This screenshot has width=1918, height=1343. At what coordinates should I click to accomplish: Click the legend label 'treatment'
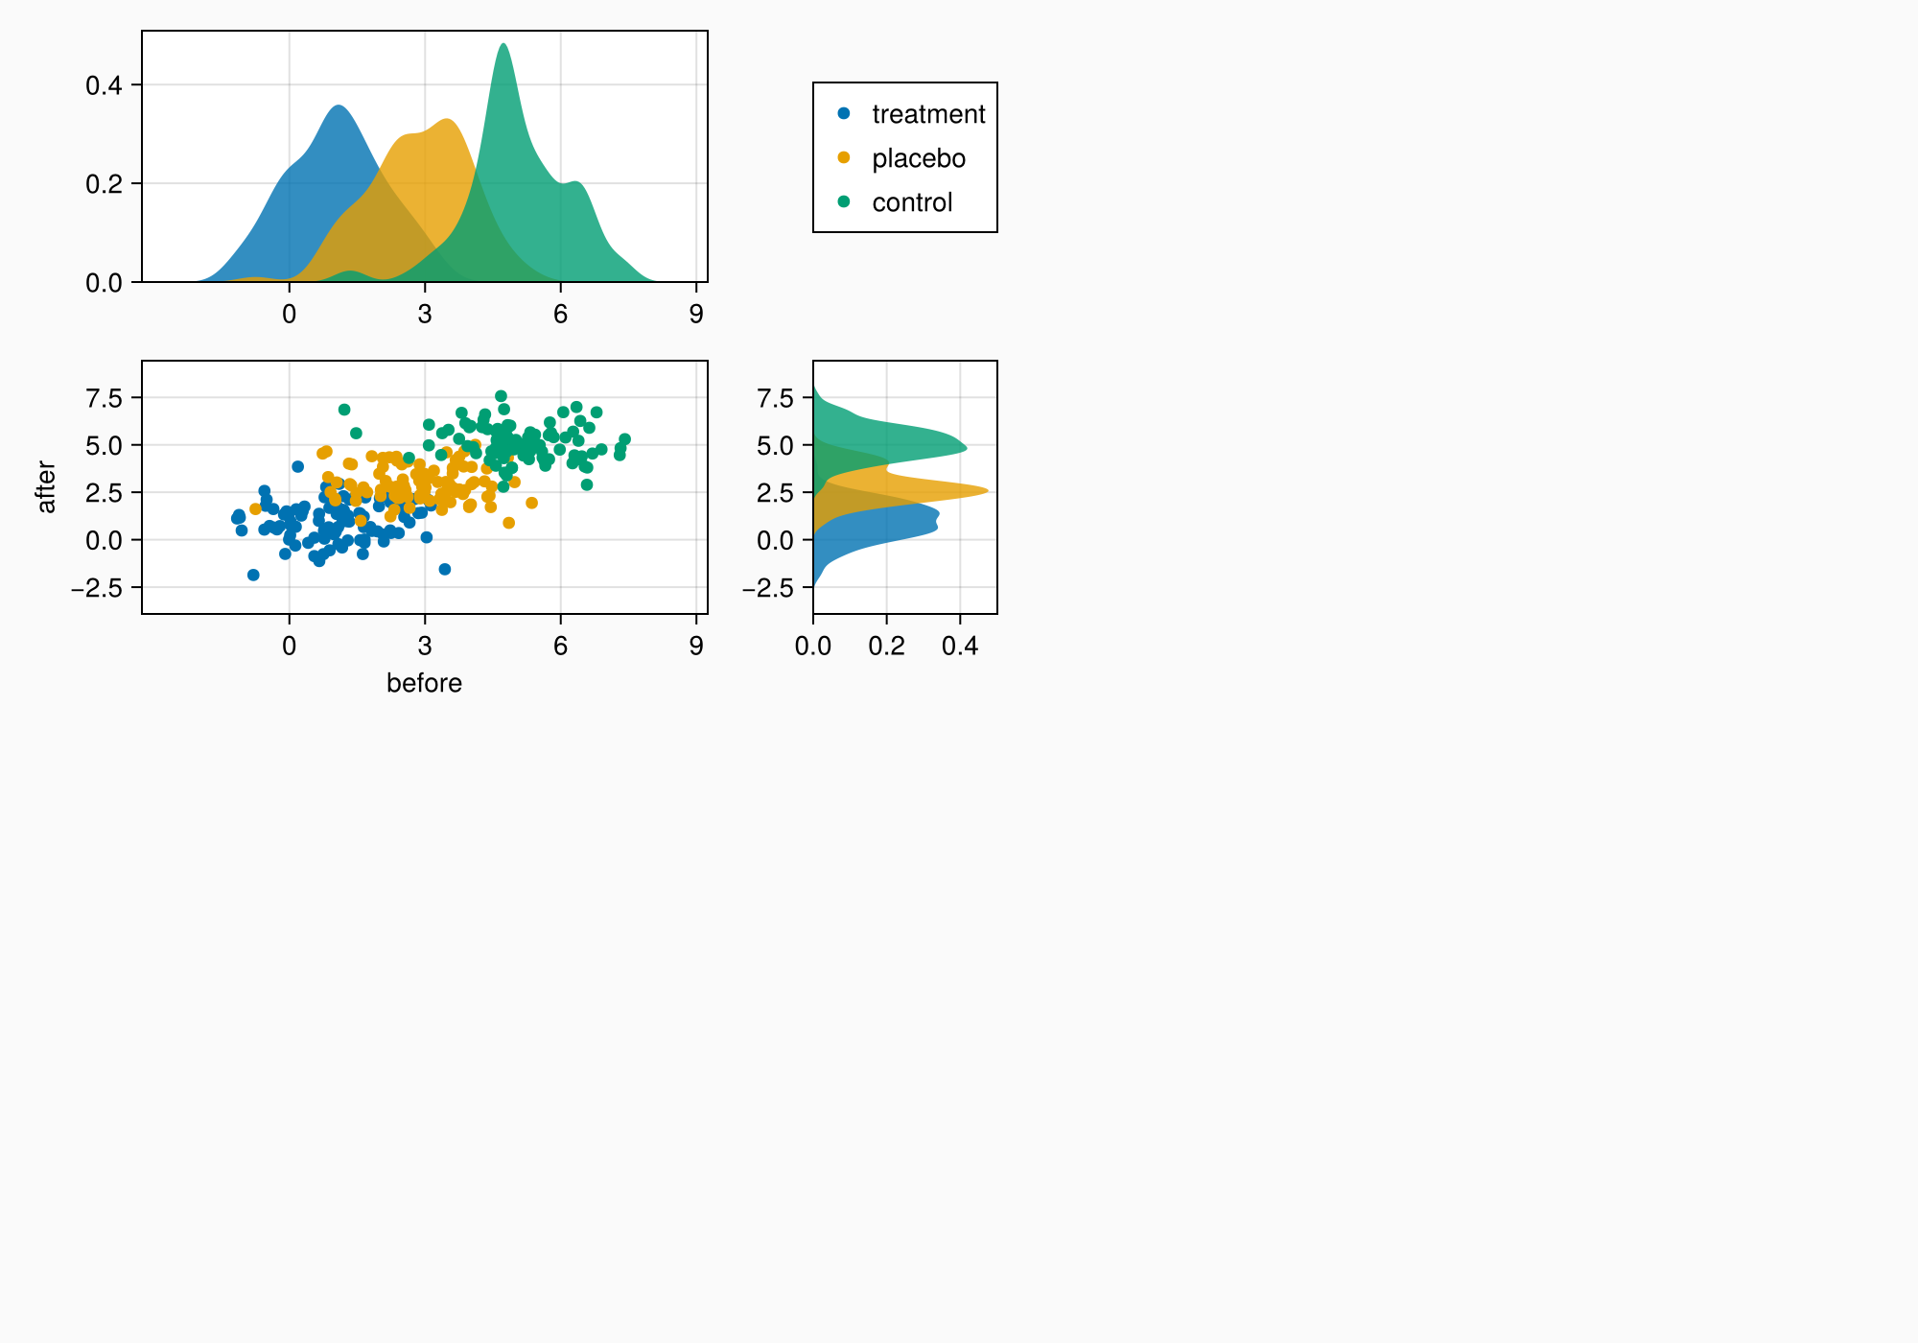click(928, 114)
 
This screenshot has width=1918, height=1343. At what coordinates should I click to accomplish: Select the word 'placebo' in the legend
click(918, 158)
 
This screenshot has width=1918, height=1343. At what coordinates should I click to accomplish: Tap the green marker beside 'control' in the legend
click(844, 201)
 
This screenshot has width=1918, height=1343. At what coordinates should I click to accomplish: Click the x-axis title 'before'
click(424, 683)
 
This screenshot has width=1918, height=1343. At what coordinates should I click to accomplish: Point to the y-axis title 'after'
click(46, 487)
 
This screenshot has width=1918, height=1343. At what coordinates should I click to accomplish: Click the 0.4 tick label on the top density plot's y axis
click(104, 85)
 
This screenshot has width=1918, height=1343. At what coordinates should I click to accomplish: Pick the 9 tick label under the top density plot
click(696, 315)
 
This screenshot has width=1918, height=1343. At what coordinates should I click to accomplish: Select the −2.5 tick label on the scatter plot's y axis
click(97, 587)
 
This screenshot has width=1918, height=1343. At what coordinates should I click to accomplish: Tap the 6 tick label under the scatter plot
click(560, 647)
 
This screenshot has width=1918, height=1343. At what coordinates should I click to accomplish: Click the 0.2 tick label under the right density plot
click(886, 647)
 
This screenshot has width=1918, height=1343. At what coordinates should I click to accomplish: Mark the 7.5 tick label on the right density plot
click(775, 398)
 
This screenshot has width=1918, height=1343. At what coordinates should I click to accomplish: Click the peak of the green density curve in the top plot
click(503, 44)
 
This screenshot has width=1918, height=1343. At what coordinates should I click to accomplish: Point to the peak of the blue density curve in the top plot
click(339, 106)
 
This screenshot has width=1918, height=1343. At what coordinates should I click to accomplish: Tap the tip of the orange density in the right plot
click(987, 492)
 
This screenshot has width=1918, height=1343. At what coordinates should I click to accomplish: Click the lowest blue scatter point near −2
click(253, 575)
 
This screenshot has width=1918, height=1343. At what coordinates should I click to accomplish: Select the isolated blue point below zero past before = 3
click(444, 570)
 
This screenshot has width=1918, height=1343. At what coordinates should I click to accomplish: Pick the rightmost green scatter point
click(624, 439)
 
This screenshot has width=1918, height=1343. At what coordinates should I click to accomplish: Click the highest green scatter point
click(501, 396)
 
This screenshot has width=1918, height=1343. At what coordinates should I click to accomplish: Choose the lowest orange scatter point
click(508, 523)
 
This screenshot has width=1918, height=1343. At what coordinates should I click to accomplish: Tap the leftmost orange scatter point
click(255, 509)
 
